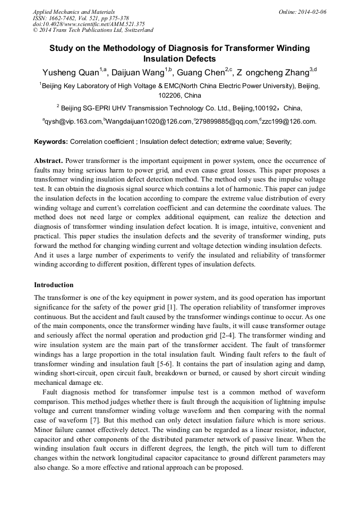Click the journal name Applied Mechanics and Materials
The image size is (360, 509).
click(73, 11)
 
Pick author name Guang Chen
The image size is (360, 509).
click(201, 73)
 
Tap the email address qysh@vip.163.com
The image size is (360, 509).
click(73, 122)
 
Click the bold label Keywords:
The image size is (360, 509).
click(51, 142)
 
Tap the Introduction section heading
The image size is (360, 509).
click(54, 285)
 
